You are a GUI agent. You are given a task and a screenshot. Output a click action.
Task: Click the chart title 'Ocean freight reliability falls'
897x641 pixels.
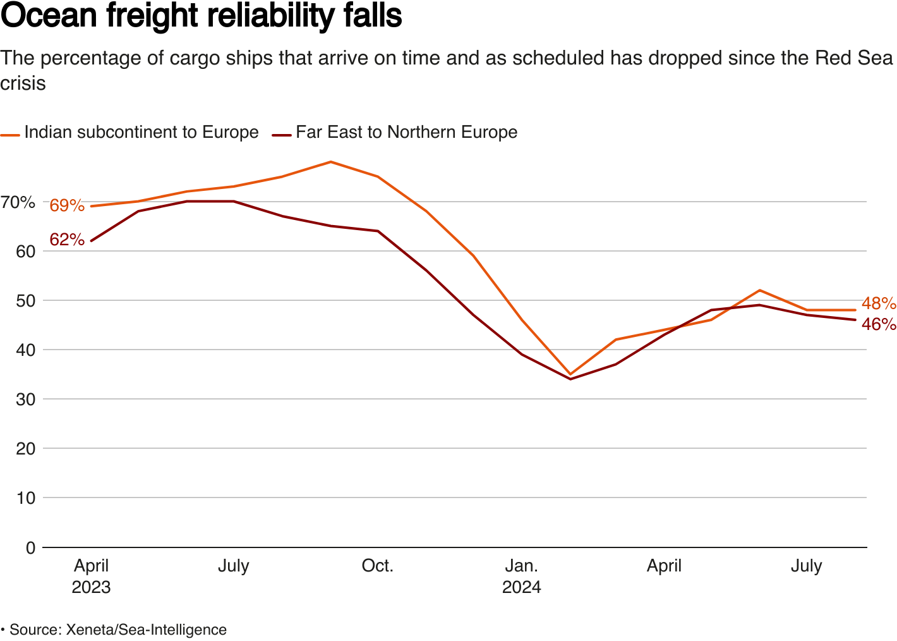[201, 16]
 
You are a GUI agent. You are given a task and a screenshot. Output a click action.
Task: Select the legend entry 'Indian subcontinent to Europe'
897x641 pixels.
[141, 132]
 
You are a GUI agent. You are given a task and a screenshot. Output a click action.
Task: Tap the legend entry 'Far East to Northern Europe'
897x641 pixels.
[406, 132]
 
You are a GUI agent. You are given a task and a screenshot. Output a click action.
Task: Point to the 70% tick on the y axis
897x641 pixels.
[18, 202]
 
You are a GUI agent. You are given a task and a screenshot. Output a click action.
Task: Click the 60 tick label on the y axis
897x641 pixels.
[26, 252]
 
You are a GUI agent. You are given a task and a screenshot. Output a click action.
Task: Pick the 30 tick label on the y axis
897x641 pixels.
[26, 400]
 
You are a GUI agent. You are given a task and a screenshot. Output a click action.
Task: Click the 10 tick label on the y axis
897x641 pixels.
[26, 498]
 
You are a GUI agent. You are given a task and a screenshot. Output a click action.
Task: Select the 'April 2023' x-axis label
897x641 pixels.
[92, 576]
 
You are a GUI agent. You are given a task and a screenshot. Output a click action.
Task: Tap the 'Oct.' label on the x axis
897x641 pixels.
[378, 566]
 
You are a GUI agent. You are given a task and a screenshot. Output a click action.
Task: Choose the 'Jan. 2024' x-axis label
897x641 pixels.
[522, 576]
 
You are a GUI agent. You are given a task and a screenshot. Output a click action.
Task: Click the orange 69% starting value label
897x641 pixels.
[67, 205]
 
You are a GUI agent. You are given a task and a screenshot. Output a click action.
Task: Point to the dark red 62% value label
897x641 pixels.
[67, 240]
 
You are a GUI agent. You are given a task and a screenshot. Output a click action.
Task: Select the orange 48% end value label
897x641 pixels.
[879, 303]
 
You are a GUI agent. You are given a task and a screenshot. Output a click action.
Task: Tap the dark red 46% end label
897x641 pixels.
[879, 324]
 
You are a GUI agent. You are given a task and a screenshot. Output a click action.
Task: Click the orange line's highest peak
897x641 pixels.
[330, 162]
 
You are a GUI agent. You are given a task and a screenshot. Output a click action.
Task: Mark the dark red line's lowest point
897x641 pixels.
[570, 379]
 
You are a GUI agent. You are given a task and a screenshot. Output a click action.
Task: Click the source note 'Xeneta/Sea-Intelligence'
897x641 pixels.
[147, 630]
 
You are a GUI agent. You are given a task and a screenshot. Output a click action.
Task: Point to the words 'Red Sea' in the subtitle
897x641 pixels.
[854, 58]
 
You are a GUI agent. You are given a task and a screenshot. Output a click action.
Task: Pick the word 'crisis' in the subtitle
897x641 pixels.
[23, 83]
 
